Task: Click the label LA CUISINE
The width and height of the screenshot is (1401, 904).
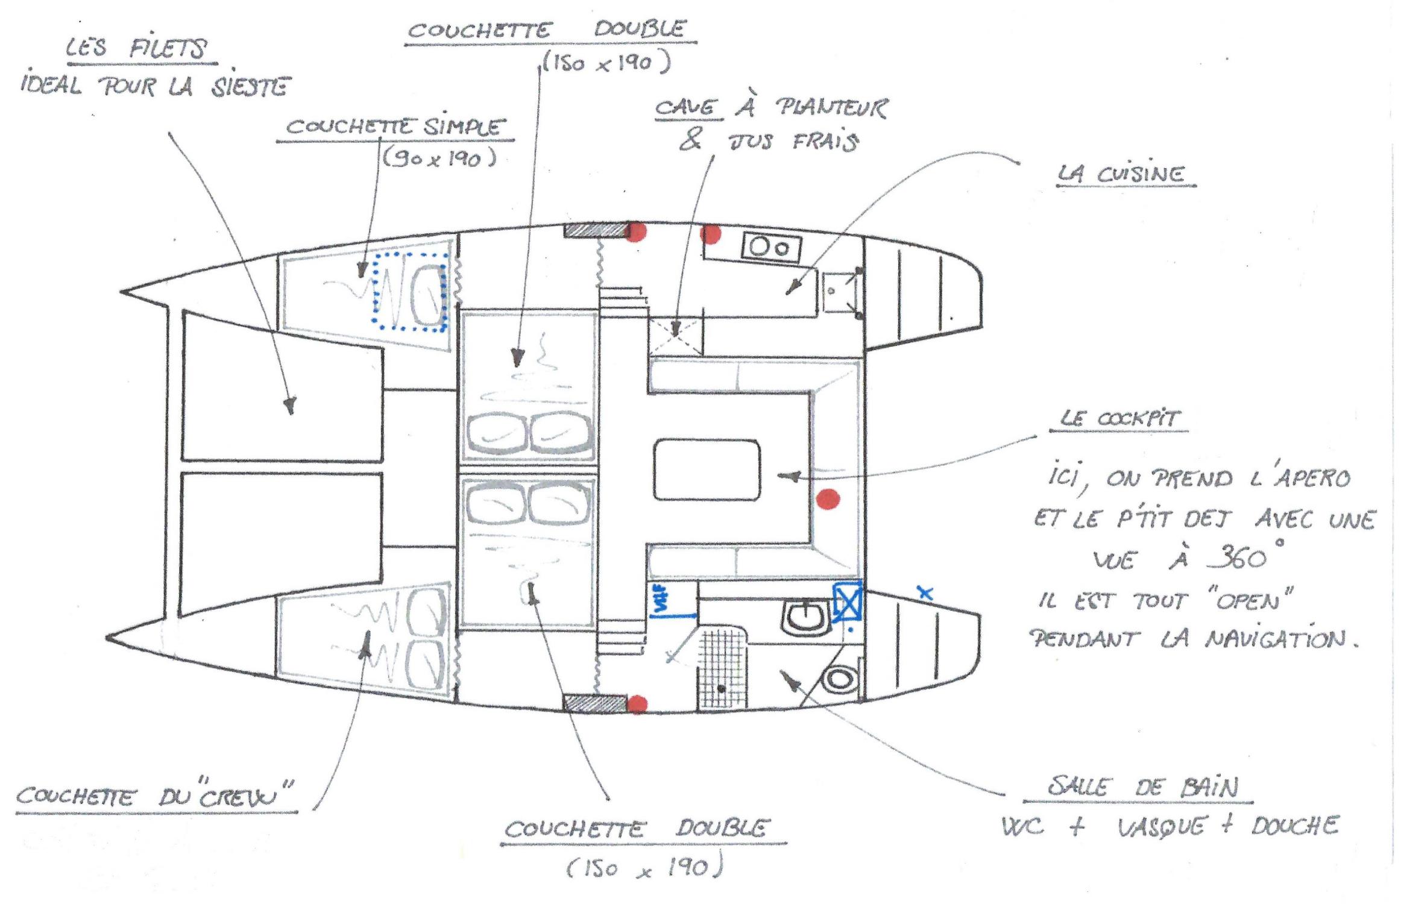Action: click(x=1125, y=174)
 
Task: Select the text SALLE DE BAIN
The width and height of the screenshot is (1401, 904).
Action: click(x=1142, y=787)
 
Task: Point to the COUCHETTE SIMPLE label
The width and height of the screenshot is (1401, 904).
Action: click(x=394, y=127)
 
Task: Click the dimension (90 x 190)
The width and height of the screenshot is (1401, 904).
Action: click(x=439, y=159)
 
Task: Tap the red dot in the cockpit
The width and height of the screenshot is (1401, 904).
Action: click(x=828, y=499)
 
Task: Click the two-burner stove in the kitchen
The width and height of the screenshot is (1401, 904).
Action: click(x=771, y=248)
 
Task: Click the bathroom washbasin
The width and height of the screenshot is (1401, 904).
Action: click(x=805, y=617)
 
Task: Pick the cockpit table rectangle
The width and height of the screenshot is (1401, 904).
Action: click(x=707, y=469)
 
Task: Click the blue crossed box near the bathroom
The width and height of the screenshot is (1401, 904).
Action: click(x=848, y=601)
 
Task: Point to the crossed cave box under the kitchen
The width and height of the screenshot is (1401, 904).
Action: click(x=675, y=336)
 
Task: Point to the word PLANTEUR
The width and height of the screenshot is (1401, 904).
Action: click(x=831, y=108)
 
